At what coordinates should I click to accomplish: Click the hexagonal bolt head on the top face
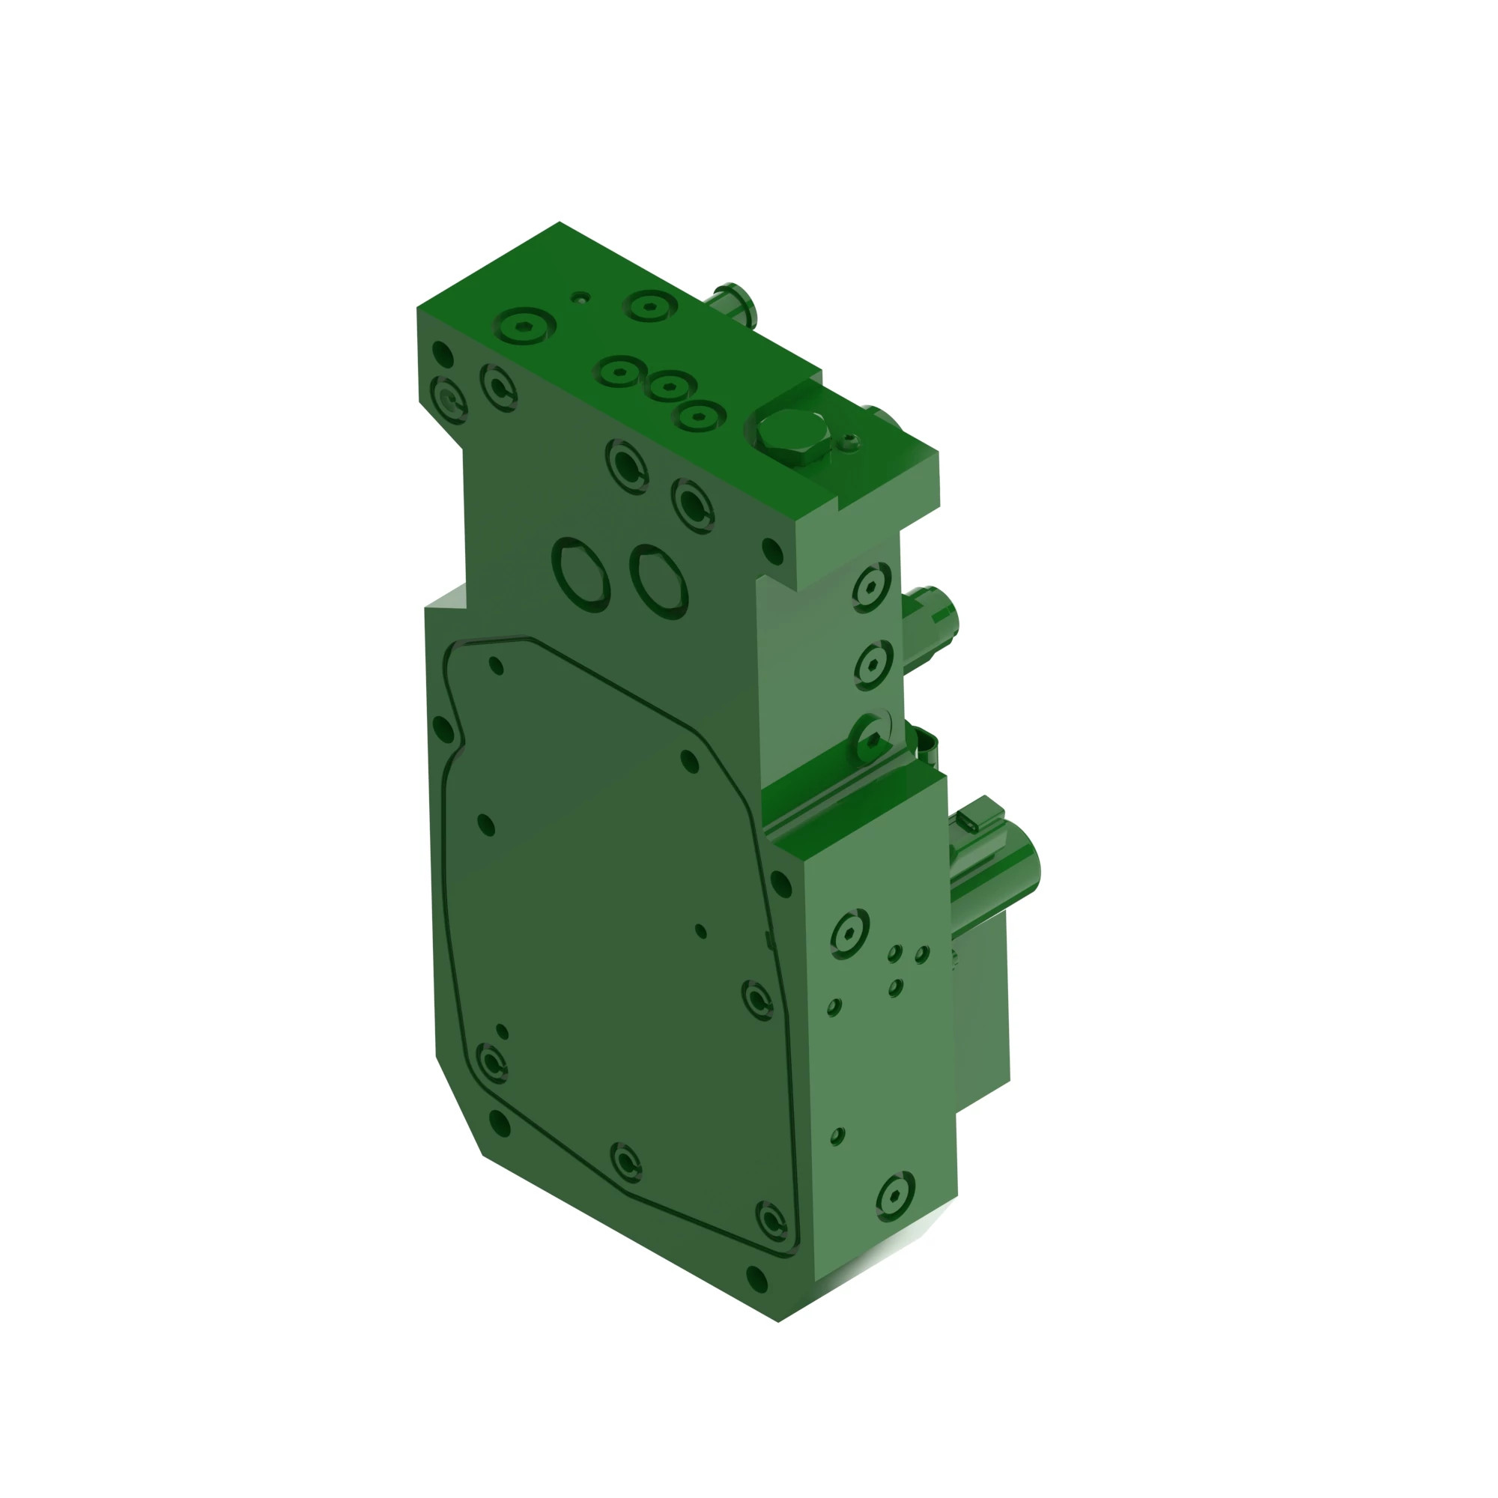pos(790,436)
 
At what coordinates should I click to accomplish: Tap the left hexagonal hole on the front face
pos(580,574)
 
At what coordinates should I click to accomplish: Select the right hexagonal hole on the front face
pos(659,581)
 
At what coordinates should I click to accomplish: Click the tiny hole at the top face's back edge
pos(580,297)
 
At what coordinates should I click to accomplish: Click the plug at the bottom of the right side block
pos(896,1195)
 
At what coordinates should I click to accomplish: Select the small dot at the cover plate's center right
pos(701,930)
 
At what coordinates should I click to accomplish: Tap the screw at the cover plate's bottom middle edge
pos(625,1162)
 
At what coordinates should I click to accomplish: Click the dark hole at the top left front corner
pos(442,354)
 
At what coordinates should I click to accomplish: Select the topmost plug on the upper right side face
pos(872,587)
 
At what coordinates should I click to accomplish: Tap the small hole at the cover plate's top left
pos(497,665)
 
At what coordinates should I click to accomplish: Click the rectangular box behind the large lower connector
pos(982,1008)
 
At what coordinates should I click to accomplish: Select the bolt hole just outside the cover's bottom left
pos(500,1123)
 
